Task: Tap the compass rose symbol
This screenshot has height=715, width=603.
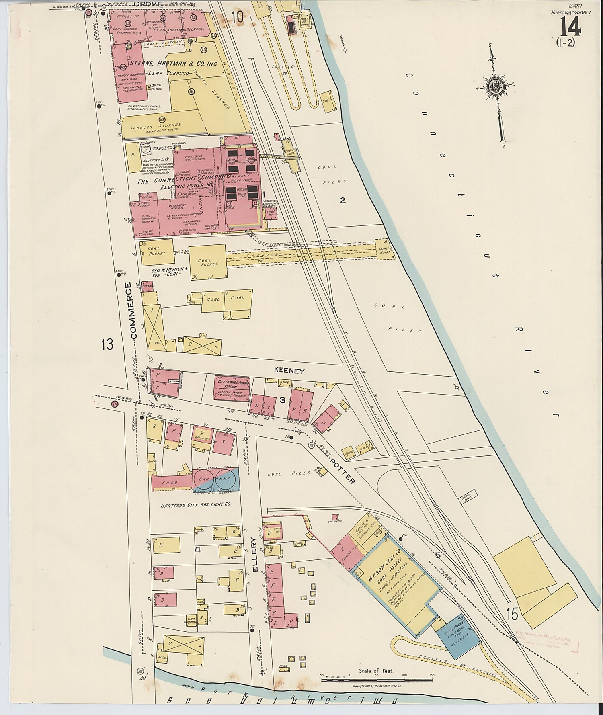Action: [x=497, y=86]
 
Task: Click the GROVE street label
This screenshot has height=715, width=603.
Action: [x=148, y=4]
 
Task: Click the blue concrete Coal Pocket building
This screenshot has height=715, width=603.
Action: [x=459, y=638]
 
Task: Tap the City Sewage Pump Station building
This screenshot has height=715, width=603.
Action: [x=231, y=387]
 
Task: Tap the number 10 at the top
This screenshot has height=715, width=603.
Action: [x=237, y=17]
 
